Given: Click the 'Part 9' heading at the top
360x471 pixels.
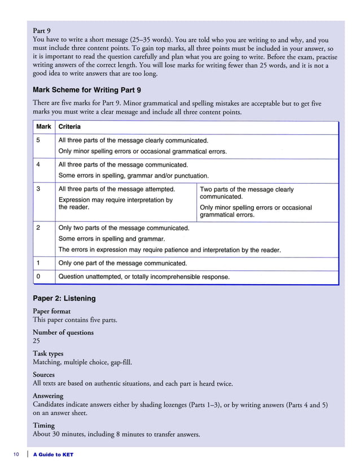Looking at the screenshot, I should pos(43,30).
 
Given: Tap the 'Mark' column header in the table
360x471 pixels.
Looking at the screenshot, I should pos(44,127).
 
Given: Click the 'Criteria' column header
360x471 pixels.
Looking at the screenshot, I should pos(69,127).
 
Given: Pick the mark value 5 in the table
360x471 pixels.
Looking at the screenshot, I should pos(38,140).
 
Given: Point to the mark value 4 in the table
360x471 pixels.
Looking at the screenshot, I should pos(38,165).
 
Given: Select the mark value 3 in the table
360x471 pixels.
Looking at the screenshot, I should pos(38,189).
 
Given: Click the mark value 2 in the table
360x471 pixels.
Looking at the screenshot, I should pos(38,228).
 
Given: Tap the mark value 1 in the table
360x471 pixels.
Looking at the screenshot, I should pos(38,263).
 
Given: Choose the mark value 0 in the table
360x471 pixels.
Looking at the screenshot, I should pos(38,277).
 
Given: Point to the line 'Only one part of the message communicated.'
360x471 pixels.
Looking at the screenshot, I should pos(122,263).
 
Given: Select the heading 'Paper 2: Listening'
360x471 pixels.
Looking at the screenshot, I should pos(64,298).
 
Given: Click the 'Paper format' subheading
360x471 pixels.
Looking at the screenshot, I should pos(52,311).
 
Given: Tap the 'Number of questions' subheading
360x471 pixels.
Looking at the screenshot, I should pos(63,332).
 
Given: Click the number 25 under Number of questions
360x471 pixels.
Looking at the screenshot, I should pos(37,341).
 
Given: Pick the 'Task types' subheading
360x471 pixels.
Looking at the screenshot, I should pos(48,354).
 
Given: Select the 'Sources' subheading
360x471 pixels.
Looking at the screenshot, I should pos(44,374).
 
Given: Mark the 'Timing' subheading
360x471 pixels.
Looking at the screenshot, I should pos(44,425).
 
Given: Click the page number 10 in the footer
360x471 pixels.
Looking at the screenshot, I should pos(17,455).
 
